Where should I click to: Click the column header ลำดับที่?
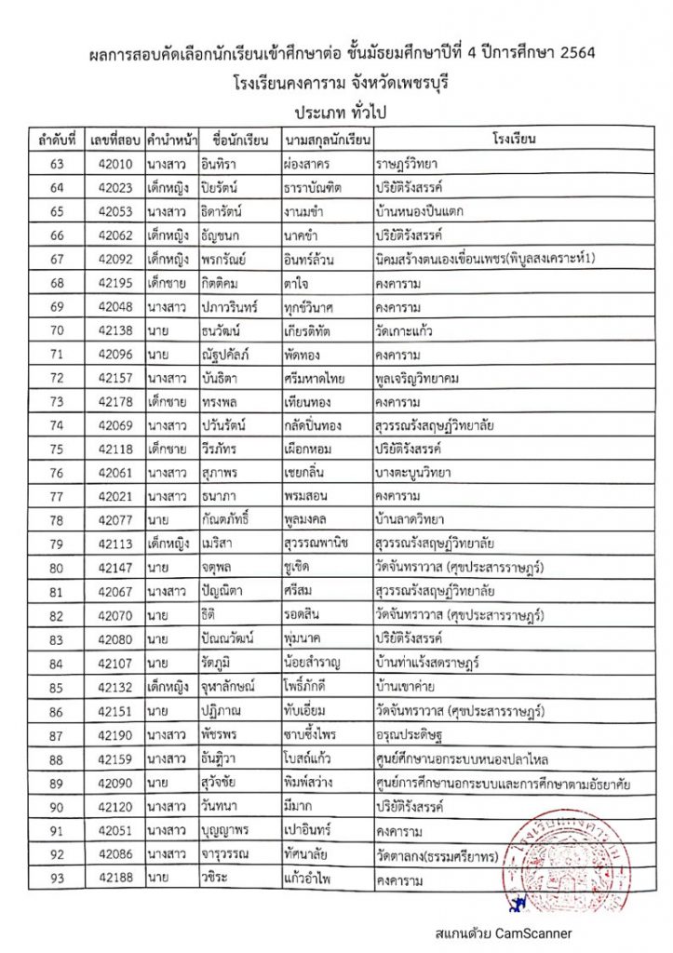(57, 141)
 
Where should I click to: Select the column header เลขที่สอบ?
(114, 141)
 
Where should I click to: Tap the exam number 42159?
(114, 758)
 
